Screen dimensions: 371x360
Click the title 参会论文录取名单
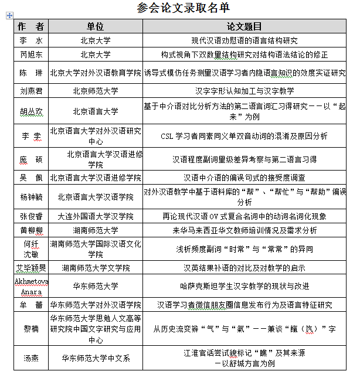point(183,8)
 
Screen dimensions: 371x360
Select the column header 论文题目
point(244,27)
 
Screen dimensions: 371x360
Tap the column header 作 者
point(31,27)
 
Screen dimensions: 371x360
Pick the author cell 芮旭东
point(31,55)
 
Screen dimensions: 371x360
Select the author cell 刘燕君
point(31,91)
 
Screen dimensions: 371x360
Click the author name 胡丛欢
point(31,111)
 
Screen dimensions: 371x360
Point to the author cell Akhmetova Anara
point(31,287)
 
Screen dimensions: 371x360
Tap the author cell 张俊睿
point(31,216)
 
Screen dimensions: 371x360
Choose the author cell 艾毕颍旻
point(31,268)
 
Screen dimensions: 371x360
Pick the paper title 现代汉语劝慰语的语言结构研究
point(244,41)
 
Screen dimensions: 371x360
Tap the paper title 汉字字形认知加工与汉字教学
point(244,91)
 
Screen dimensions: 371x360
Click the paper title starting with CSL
point(244,137)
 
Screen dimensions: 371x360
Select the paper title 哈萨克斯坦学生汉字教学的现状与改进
point(244,287)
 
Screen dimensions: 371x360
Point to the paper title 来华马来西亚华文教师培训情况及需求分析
point(244,230)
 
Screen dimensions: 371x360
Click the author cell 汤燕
point(31,357)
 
